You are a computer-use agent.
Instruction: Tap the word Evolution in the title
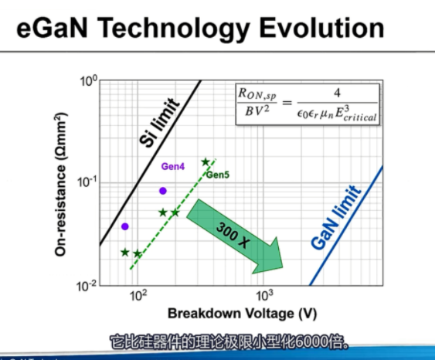[x=322, y=28]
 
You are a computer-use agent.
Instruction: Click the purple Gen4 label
[x=173, y=166]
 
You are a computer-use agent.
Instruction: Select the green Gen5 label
[x=218, y=175]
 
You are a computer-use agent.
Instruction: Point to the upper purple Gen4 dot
[x=163, y=191]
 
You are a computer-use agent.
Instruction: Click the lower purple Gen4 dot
[x=125, y=226]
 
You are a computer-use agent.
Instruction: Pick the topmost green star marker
[x=206, y=161]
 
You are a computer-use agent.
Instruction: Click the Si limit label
[x=159, y=122]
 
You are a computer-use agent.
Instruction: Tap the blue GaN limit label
[x=336, y=217]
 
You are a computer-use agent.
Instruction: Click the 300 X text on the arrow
[x=233, y=235]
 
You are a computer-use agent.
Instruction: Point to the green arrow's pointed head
[x=283, y=267]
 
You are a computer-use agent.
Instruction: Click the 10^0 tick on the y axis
[x=89, y=81]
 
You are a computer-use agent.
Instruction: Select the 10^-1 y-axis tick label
[x=87, y=182]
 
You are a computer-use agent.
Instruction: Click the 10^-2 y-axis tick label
[x=87, y=285]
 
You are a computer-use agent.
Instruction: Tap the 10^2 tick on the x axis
[x=138, y=296]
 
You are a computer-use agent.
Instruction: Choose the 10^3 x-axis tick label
[x=264, y=296]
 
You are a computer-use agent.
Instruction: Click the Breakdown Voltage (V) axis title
[x=242, y=314]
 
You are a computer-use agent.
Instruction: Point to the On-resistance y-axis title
[x=60, y=184]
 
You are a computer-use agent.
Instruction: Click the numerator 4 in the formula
[x=337, y=93]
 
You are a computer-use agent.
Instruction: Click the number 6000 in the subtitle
[x=311, y=341]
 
